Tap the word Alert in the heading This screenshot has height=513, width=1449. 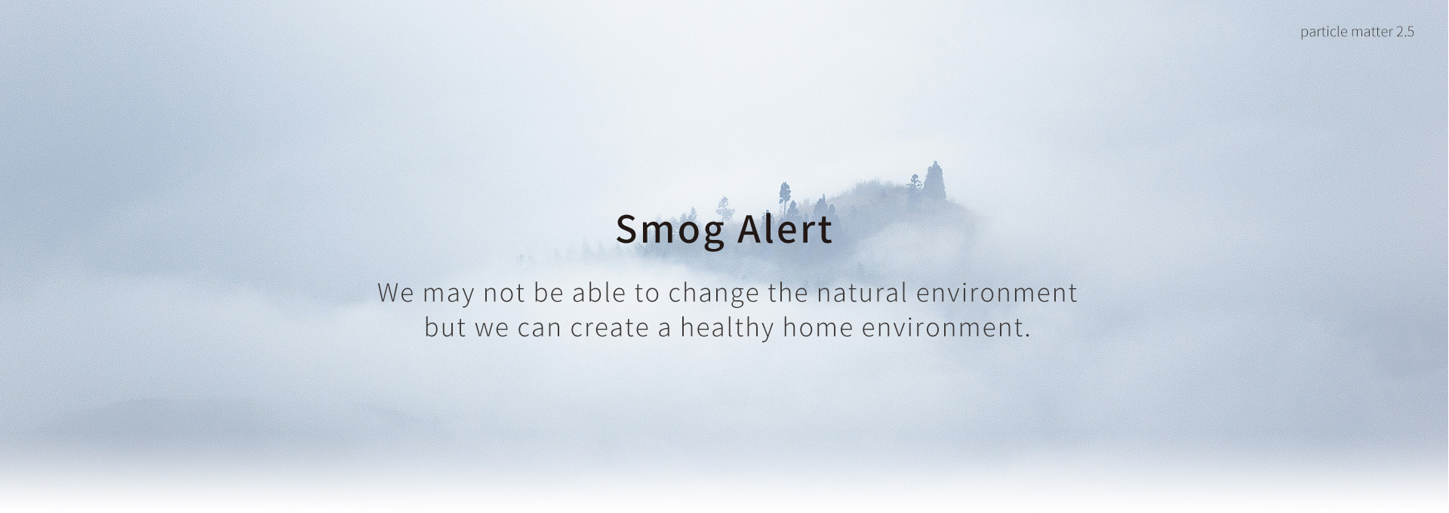785,229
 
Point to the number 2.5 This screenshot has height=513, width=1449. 1405,32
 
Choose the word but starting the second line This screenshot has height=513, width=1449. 445,328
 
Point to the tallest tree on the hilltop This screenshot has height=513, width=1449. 936,181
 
